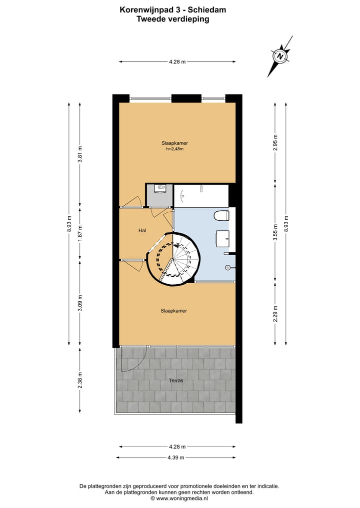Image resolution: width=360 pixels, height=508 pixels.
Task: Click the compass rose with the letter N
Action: click(280, 56)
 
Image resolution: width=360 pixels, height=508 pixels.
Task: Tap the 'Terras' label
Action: click(175, 381)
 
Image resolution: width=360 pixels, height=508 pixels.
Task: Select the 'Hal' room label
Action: click(142, 231)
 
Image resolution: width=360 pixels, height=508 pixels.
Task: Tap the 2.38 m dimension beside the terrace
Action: click(80, 381)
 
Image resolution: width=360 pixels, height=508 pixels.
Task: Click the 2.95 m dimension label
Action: click(275, 143)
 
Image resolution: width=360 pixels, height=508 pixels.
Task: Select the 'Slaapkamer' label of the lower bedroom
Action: click(173, 311)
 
